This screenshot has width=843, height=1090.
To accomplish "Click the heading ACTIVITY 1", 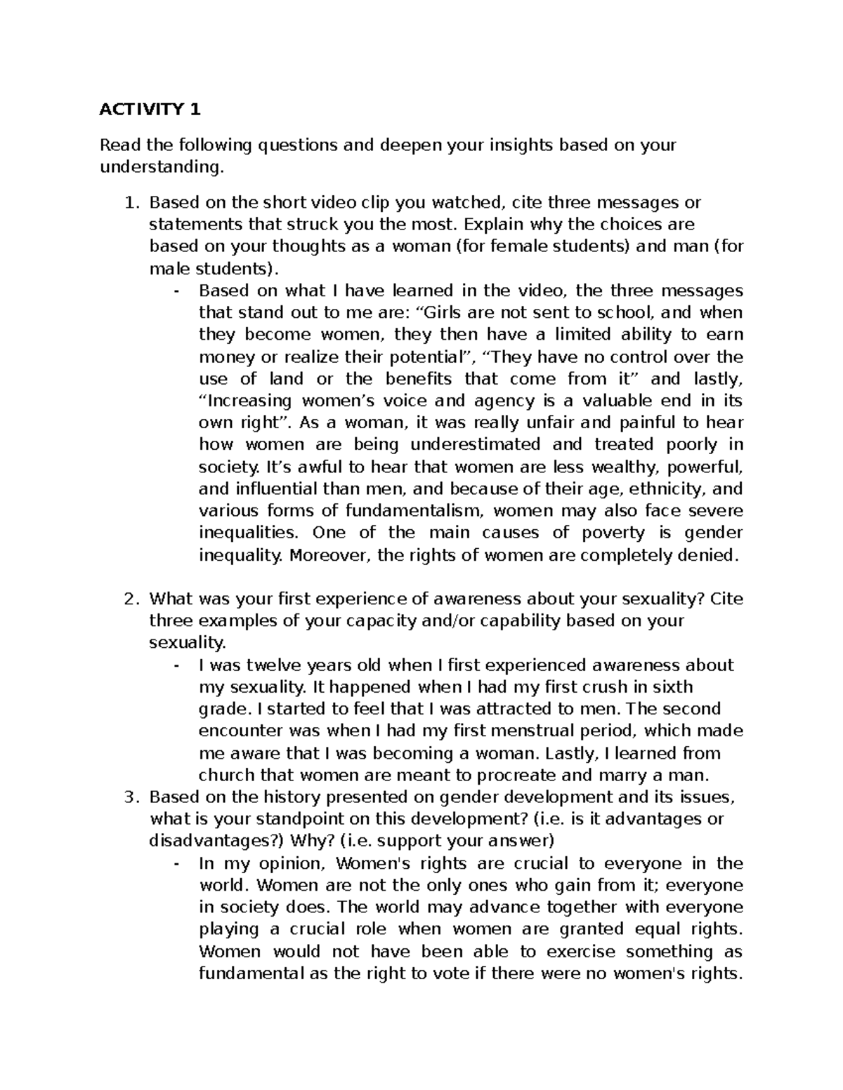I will tap(150, 109).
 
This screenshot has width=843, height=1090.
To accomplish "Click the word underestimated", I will tap(475, 444).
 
